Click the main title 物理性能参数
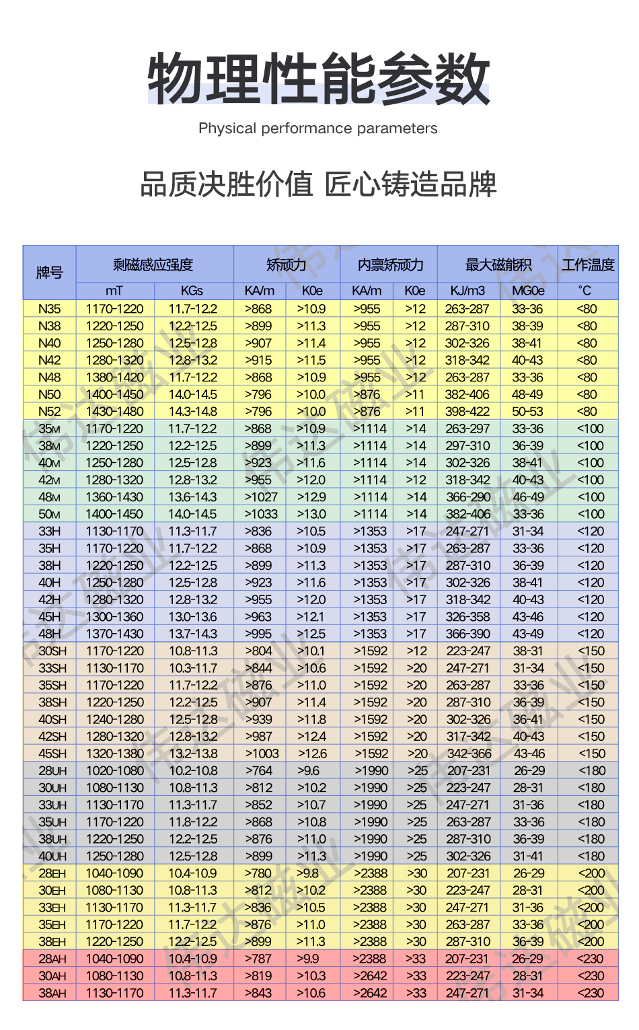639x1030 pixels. [x=318, y=79]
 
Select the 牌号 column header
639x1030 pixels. [x=49, y=272]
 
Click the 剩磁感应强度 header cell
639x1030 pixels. [x=154, y=264]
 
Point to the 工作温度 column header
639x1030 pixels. [x=588, y=264]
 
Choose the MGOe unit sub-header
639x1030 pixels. [x=528, y=291]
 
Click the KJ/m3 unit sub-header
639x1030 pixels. [x=467, y=291]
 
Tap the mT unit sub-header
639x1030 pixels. [x=114, y=291]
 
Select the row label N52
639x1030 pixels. [x=49, y=411]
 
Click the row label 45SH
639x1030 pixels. [x=52, y=753]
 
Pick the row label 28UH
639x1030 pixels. [x=52, y=770]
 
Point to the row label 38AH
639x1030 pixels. [x=52, y=993]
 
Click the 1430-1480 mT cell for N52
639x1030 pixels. [x=114, y=411]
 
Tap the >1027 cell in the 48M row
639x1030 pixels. [x=261, y=496]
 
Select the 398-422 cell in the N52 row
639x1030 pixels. [x=467, y=411]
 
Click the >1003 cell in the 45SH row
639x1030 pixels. [x=261, y=753]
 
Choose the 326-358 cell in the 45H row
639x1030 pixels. [x=467, y=616]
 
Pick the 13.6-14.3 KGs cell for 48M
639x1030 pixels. [x=192, y=496]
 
